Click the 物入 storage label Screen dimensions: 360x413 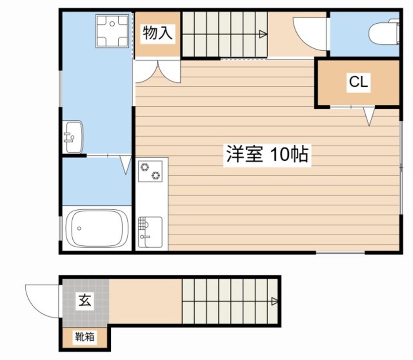[x=157, y=34]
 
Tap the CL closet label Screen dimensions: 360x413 [x=358, y=82]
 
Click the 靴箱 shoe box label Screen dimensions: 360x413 [x=85, y=336]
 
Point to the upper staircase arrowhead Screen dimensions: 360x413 [x=264, y=34]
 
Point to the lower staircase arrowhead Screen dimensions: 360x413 [x=275, y=301]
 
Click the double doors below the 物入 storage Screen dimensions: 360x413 [x=158, y=71]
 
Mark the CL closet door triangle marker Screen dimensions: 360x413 [x=369, y=116]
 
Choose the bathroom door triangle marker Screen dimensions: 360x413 [x=126, y=164]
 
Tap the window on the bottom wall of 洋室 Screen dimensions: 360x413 [x=340, y=253]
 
